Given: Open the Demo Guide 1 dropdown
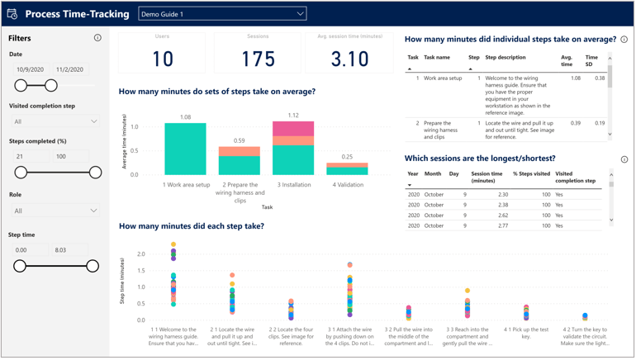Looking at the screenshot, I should pos(222,14).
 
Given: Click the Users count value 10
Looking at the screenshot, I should pos(162,59).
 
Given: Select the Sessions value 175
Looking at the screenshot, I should pos(257,59).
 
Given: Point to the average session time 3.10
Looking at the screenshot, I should pos(349,59).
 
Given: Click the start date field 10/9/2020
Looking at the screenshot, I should pos(30,70).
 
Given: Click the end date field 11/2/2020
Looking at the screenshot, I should pos(71,70).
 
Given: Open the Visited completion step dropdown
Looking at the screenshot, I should pos(55,121).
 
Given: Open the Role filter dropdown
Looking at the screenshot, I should pos(55,211).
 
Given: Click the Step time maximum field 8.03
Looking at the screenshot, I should pos(71,249).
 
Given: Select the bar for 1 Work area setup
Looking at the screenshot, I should pos(185,149).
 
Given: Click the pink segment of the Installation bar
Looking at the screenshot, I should pos(293,129).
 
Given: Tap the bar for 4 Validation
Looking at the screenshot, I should pos(348,168).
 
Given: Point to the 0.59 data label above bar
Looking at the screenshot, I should pos(239,141).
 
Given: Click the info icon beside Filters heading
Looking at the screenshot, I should pos(97,38).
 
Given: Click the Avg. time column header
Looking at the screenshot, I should pos(566,61).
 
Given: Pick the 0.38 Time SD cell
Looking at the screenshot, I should pos(599,78).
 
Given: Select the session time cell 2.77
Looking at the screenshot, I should pos(502,225).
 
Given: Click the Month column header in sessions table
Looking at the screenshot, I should pos(433,174).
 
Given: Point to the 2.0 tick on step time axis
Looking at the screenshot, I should pos(140,254).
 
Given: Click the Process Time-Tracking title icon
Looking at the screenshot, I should pos(12,14).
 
